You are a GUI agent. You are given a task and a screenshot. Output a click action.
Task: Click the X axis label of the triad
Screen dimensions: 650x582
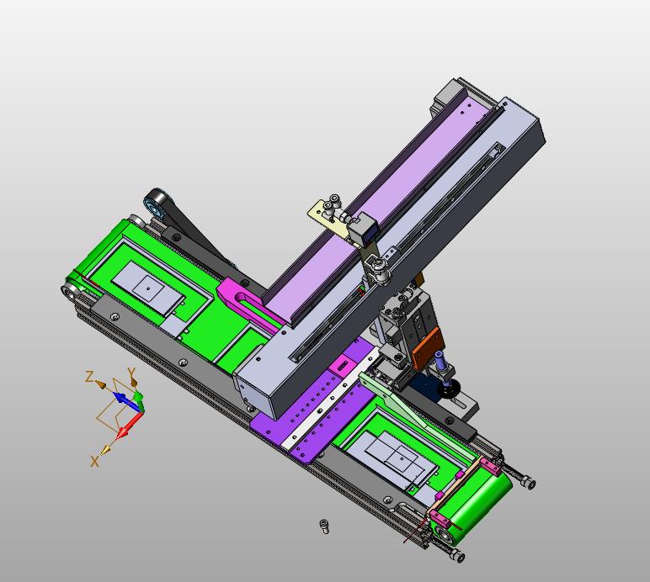point(95,460)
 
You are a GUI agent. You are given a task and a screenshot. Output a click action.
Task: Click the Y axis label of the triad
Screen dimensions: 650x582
point(132,373)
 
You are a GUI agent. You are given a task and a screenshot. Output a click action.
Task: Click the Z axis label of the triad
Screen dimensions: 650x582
point(89,377)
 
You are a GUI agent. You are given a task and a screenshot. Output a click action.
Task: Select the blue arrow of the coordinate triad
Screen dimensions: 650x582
point(124,398)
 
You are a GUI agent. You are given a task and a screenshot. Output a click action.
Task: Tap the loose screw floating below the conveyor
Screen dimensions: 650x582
point(325,526)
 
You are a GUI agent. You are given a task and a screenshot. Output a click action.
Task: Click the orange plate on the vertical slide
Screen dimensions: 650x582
point(428,347)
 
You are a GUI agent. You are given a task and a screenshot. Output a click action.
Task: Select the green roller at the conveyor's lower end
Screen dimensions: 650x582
point(477,505)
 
